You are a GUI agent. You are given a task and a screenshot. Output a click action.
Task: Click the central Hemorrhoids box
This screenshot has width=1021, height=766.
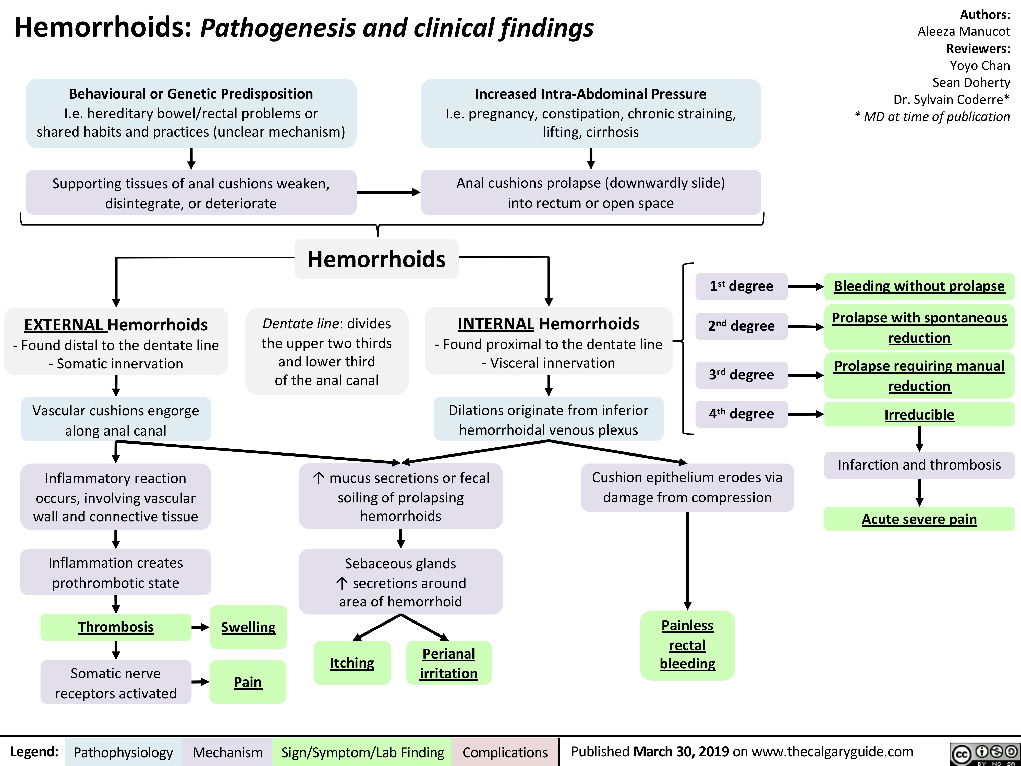coord(376,259)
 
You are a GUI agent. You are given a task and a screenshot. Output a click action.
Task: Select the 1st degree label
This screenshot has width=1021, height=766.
coord(741,286)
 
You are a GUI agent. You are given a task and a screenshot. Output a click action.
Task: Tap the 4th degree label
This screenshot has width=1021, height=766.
coord(741,414)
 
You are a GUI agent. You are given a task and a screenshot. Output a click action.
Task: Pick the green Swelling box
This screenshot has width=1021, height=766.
coord(248,627)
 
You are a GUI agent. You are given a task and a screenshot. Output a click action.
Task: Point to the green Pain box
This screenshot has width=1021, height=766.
coord(248,682)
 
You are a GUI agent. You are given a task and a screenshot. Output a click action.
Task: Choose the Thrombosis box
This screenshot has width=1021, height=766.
coord(116,627)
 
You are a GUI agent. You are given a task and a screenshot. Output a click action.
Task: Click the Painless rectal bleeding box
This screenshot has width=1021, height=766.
coord(687,645)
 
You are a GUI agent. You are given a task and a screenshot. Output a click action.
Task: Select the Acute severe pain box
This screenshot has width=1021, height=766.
coord(919,519)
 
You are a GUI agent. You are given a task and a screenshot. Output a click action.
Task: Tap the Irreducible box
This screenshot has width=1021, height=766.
coord(919,415)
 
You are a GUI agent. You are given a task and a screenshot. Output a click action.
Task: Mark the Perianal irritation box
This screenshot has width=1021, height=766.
coord(449,663)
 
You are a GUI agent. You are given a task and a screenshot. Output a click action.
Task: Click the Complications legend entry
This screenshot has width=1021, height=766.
coord(505,752)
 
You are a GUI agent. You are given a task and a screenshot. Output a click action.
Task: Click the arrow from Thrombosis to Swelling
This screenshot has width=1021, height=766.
coord(200,627)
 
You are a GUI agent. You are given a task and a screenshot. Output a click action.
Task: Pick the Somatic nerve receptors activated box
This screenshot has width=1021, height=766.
coord(116,683)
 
